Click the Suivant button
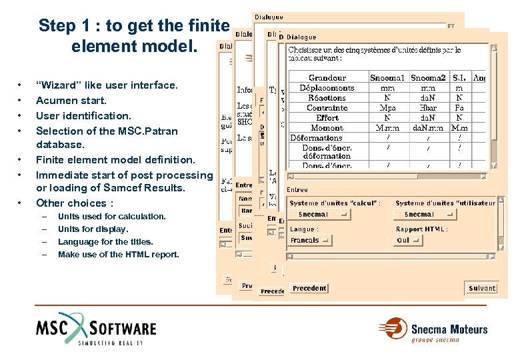(x=481, y=288)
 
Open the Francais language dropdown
(x=310, y=240)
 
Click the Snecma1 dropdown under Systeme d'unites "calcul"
(x=323, y=215)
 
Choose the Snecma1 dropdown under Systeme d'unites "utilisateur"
(x=425, y=215)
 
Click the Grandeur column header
(x=327, y=78)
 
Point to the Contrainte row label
(x=327, y=108)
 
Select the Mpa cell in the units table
(x=387, y=108)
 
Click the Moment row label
(x=327, y=128)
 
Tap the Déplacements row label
(x=327, y=88)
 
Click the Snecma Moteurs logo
(x=433, y=331)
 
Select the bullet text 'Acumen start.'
(x=71, y=101)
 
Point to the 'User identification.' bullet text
(x=83, y=115)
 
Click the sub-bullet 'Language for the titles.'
(x=105, y=242)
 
